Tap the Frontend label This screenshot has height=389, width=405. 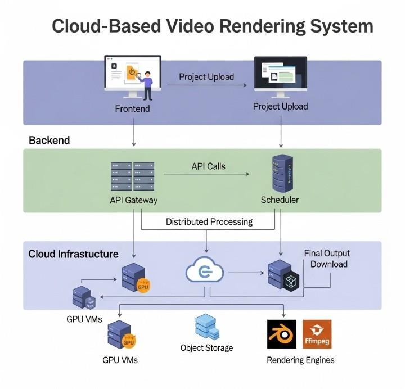[x=132, y=108]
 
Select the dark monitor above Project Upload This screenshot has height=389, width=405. [x=280, y=75]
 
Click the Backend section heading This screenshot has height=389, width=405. [x=49, y=141]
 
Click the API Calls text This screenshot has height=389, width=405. [x=209, y=166]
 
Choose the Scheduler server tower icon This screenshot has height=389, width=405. [x=280, y=174]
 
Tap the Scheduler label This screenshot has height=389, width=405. [x=280, y=200]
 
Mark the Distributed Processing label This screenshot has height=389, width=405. [x=209, y=221]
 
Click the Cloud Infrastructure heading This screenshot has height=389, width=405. [x=73, y=254]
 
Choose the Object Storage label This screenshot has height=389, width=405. [x=206, y=348]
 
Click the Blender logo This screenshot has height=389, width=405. [x=281, y=334]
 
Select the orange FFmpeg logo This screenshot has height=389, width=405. [x=317, y=334]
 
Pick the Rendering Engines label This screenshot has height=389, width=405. [x=300, y=360]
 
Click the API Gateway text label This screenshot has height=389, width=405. [x=134, y=200]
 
